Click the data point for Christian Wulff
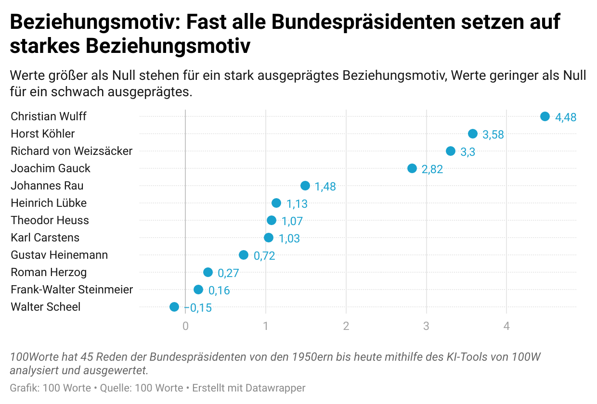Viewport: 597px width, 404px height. pos(545,116)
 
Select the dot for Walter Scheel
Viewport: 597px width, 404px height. pos(174,307)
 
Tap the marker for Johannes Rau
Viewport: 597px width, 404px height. pos(305,186)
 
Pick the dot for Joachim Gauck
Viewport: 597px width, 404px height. pos(412,168)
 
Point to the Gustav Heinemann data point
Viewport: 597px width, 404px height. pos(244,255)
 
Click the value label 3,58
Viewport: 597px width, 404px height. pos(493,135)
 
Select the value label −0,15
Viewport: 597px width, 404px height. pos(198,308)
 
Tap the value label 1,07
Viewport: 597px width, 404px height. pos(292,221)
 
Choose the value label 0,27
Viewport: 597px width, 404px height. pos(228,273)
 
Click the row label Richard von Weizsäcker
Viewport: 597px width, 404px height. pos(71,151)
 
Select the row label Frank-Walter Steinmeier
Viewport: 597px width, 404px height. pos(72,290)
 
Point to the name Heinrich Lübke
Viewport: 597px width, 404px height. pos(49,203)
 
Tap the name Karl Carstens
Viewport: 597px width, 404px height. pos(45,238)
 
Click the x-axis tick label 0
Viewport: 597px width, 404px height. pos(185,326)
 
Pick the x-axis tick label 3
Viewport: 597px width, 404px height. pos(426,326)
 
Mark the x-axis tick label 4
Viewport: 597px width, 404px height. pos(506,326)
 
